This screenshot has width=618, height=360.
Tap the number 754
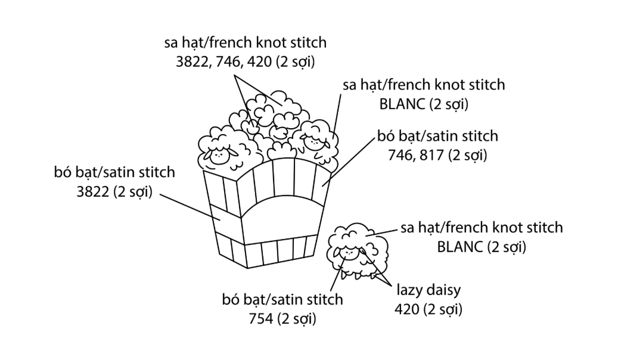click(x=262, y=318)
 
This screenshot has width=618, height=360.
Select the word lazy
click(x=410, y=291)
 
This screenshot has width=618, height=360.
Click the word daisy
click(x=445, y=291)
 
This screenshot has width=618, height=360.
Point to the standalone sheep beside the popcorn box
click(x=357, y=252)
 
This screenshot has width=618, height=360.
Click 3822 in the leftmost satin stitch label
click(x=92, y=193)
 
